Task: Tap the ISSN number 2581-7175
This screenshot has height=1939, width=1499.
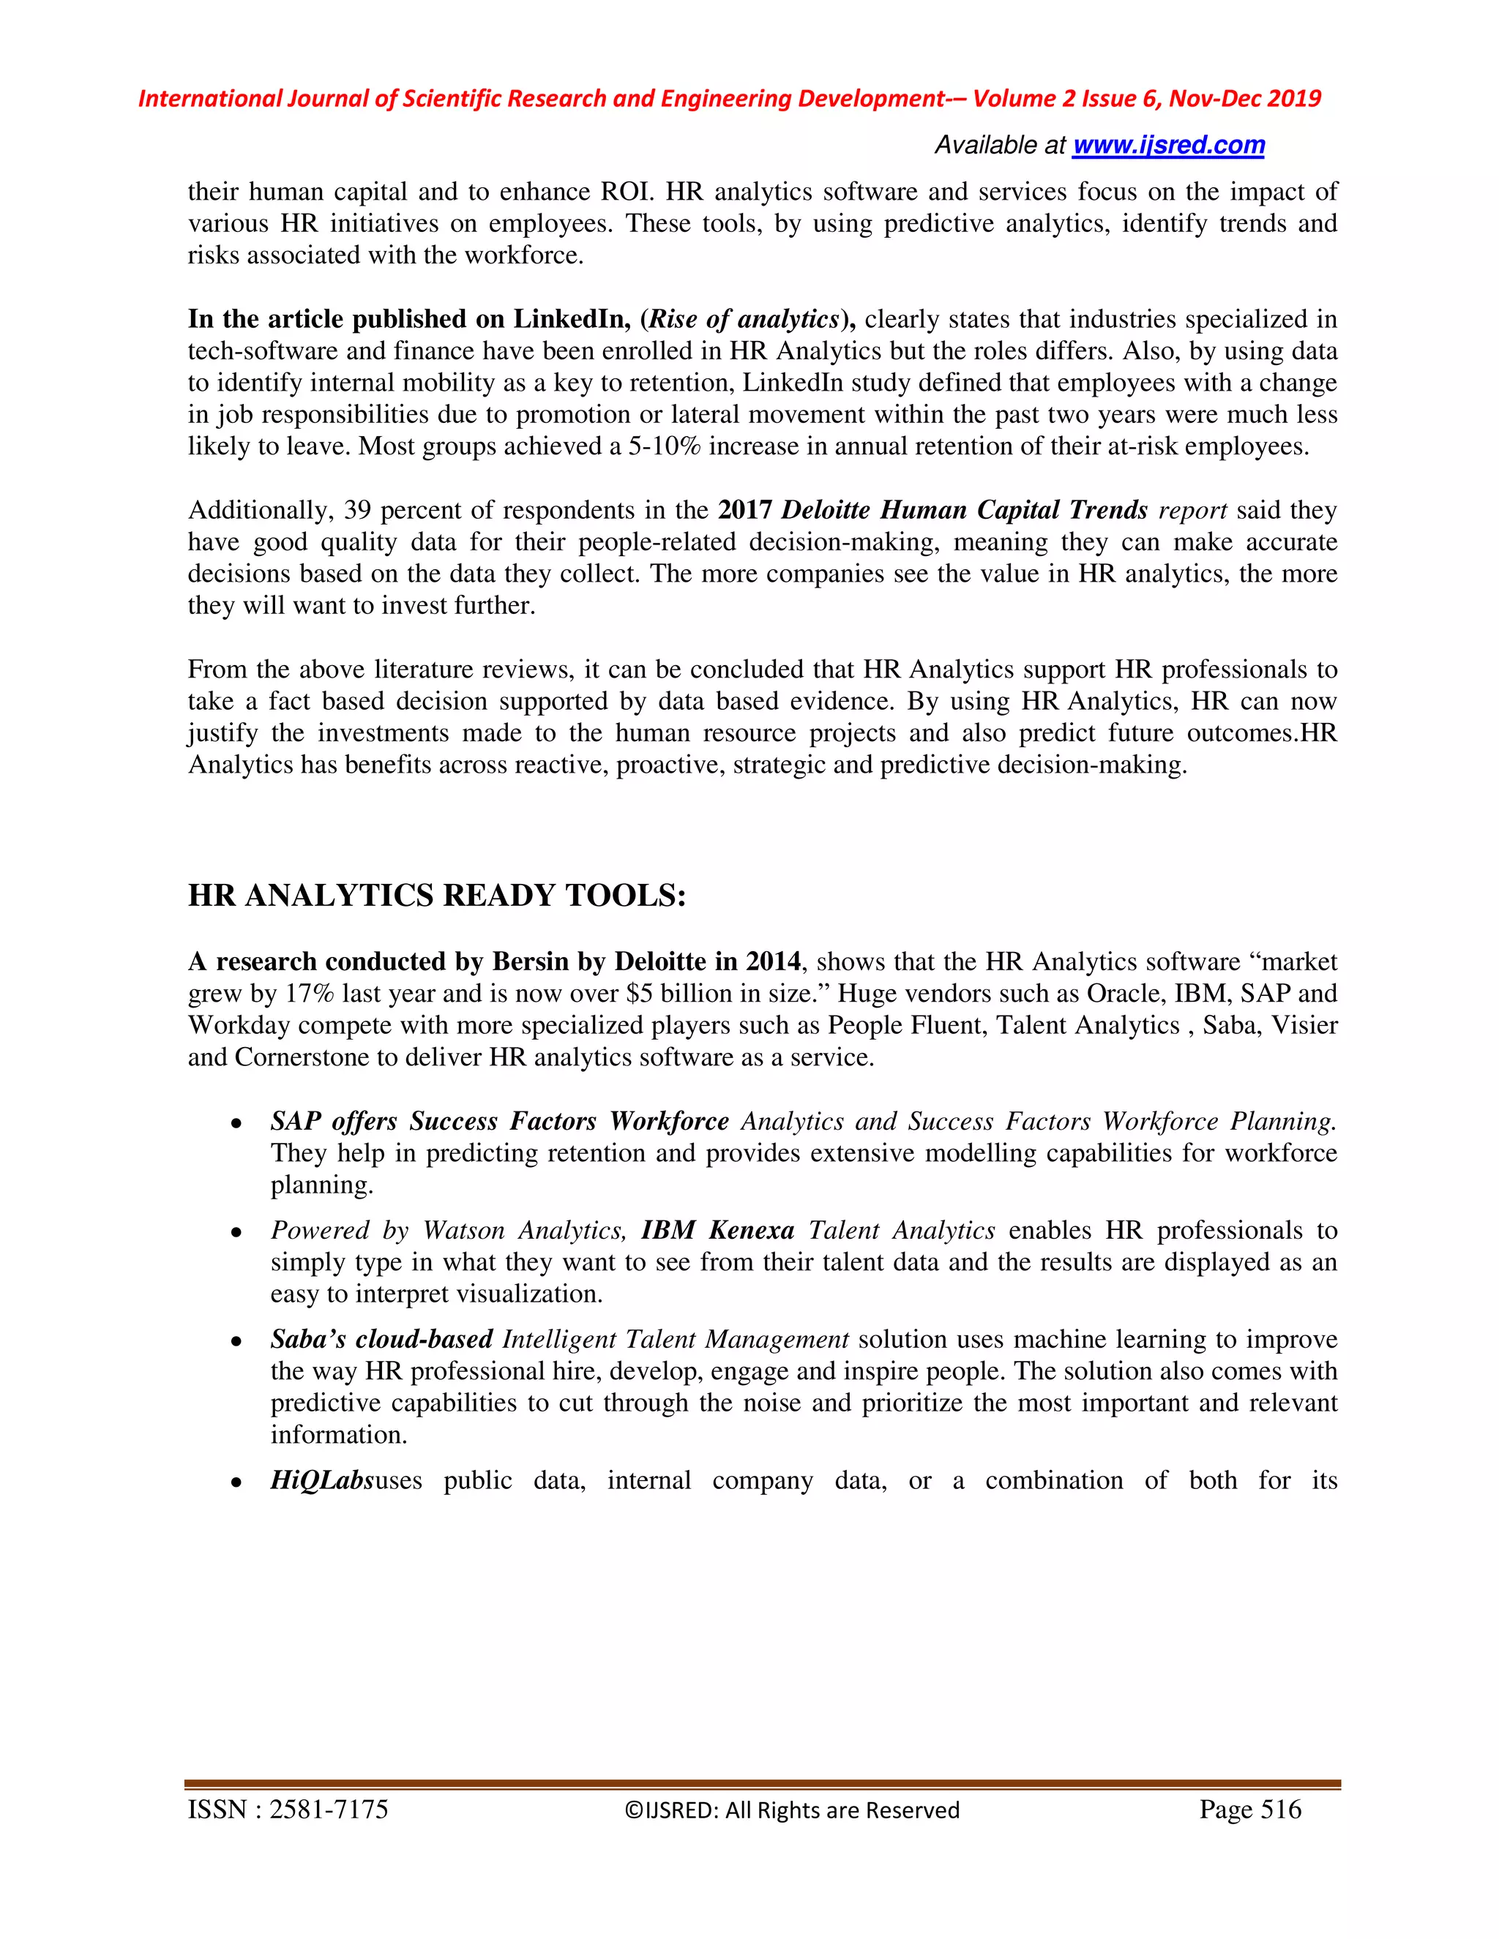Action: (329, 1809)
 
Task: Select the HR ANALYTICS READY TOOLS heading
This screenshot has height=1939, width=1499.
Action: (437, 895)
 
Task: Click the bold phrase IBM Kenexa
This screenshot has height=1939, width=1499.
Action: (717, 1231)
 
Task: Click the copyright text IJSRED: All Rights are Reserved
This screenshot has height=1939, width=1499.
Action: (791, 1810)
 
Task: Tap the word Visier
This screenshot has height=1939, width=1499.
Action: (1304, 1025)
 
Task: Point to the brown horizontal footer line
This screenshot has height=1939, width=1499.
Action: (762, 1785)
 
